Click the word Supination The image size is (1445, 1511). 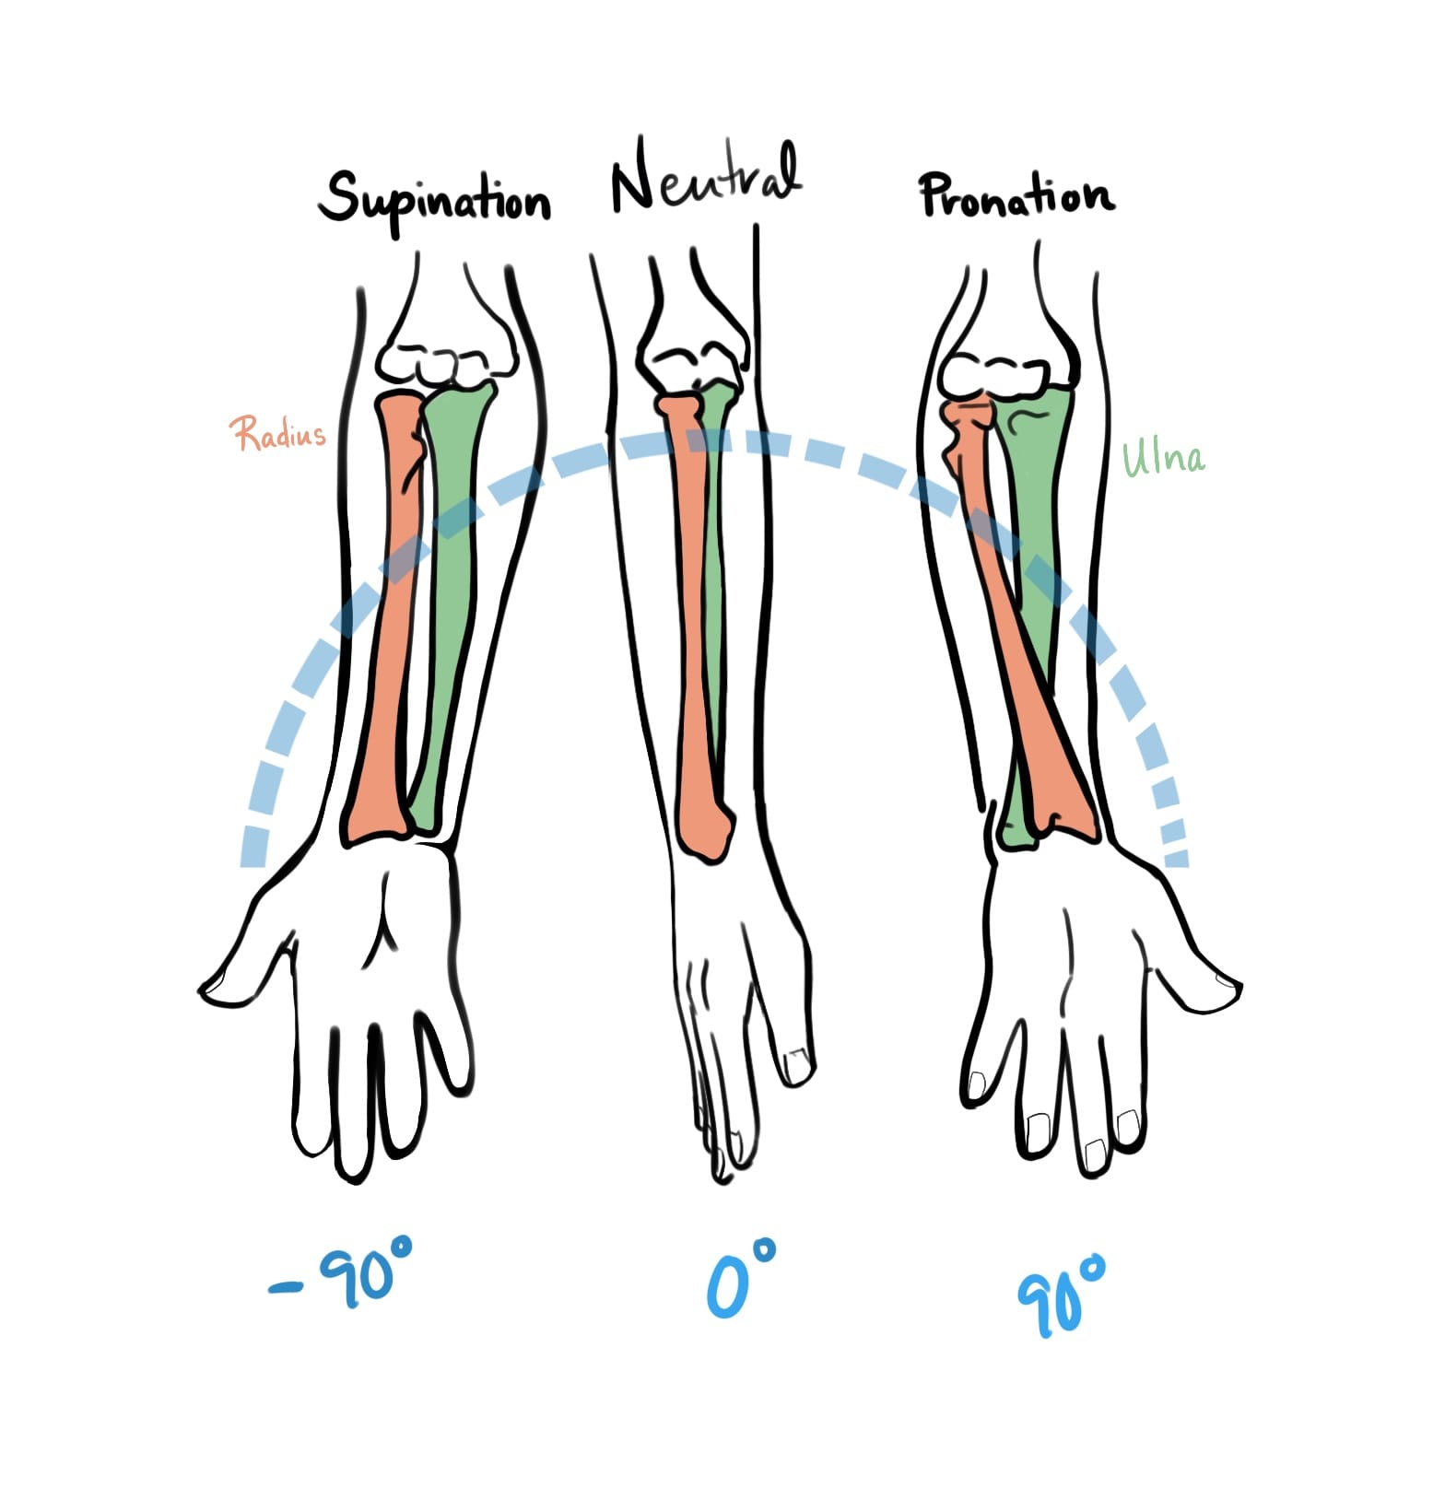pos(434,201)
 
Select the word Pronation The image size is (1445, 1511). pos(1016,196)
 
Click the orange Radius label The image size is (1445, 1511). pos(277,433)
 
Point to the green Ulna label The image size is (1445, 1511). pos(1163,457)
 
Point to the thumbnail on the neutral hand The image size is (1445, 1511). pos(795,1065)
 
